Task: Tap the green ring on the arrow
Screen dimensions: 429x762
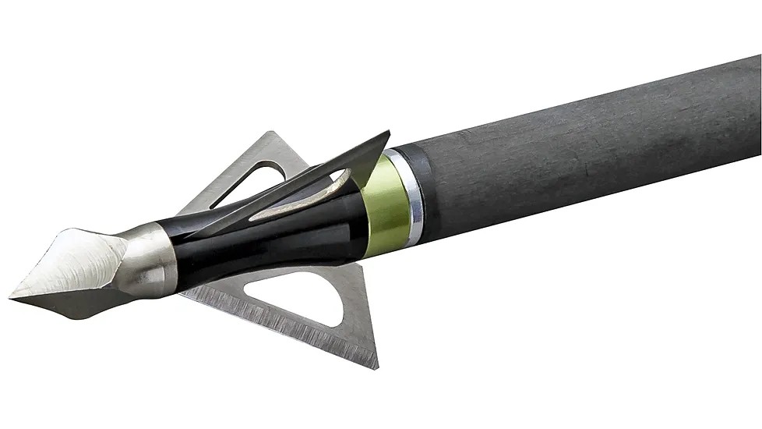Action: pos(385,206)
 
